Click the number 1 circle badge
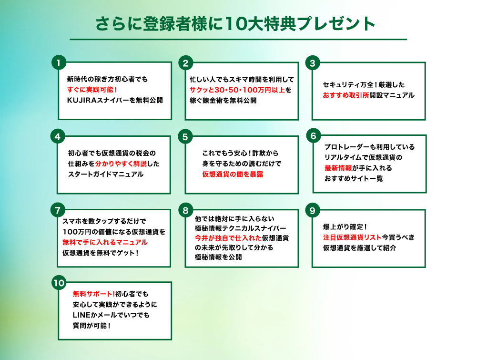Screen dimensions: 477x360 click(x=59, y=62)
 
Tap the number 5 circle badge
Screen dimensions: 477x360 click(x=185, y=137)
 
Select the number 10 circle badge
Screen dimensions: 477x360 click(x=59, y=283)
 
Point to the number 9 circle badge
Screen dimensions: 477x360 click(x=313, y=210)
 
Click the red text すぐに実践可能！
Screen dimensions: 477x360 click(x=92, y=90)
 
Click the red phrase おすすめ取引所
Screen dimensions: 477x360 click(x=346, y=95)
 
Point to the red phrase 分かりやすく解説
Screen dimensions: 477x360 click(x=121, y=164)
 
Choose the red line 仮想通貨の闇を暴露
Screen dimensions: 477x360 click(x=233, y=175)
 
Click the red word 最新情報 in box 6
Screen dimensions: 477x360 click(x=338, y=168)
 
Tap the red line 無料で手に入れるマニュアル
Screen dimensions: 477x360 click(x=105, y=242)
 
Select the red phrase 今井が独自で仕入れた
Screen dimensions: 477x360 click(x=228, y=238)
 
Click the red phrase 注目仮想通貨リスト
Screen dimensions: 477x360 click(x=352, y=237)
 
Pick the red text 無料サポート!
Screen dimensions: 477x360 click(x=94, y=294)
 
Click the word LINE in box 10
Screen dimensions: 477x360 click(x=81, y=315)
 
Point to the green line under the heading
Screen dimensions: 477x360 click(x=238, y=39)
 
